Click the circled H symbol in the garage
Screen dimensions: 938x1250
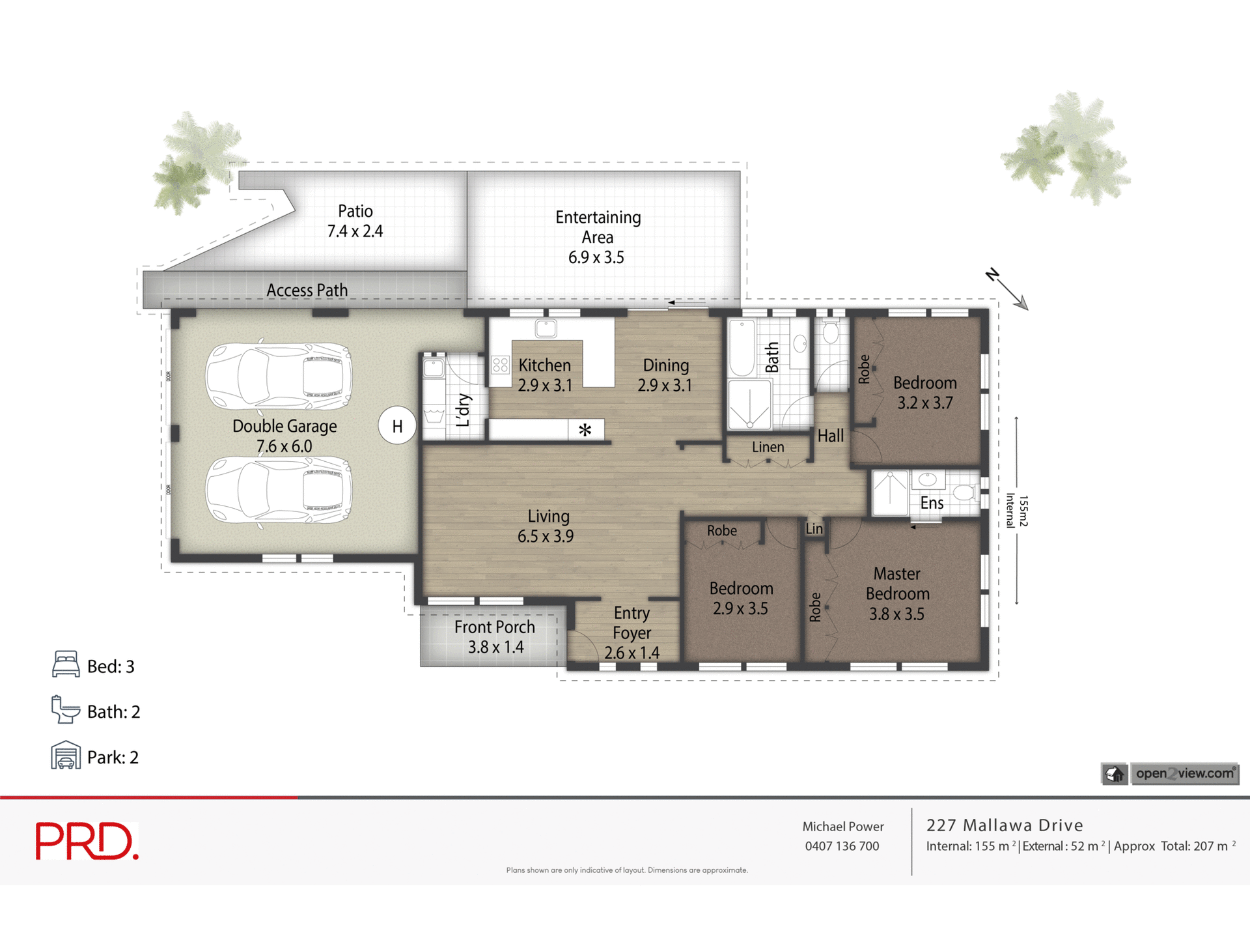tap(397, 426)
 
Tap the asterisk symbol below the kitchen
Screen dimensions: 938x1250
tap(585, 430)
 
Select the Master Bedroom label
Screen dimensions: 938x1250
tap(897, 593)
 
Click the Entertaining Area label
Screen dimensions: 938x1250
tap(597, 237)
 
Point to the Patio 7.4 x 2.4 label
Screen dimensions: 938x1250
tap(355, 221)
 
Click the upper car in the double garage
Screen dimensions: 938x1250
tap(279, 377)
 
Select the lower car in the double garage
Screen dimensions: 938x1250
tap(279, 490)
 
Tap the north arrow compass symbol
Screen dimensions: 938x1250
tap(1007, 289)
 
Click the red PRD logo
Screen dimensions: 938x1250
tap(87, 841)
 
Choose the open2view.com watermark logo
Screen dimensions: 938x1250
tap(1170, 774)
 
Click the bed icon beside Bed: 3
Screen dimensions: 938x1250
tap(66, 664)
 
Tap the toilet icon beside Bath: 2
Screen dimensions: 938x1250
tap(65, 710)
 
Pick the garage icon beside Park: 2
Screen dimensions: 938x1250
tap(66, 756)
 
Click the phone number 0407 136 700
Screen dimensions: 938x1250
tap(842, 846)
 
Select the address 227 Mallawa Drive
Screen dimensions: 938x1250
tap(1005, 825)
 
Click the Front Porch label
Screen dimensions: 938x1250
tap(495, 637)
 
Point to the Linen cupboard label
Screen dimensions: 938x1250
tap(768, 448)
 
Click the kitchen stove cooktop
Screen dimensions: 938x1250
tap(500, 365)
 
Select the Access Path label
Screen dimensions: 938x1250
tap(307, 291)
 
